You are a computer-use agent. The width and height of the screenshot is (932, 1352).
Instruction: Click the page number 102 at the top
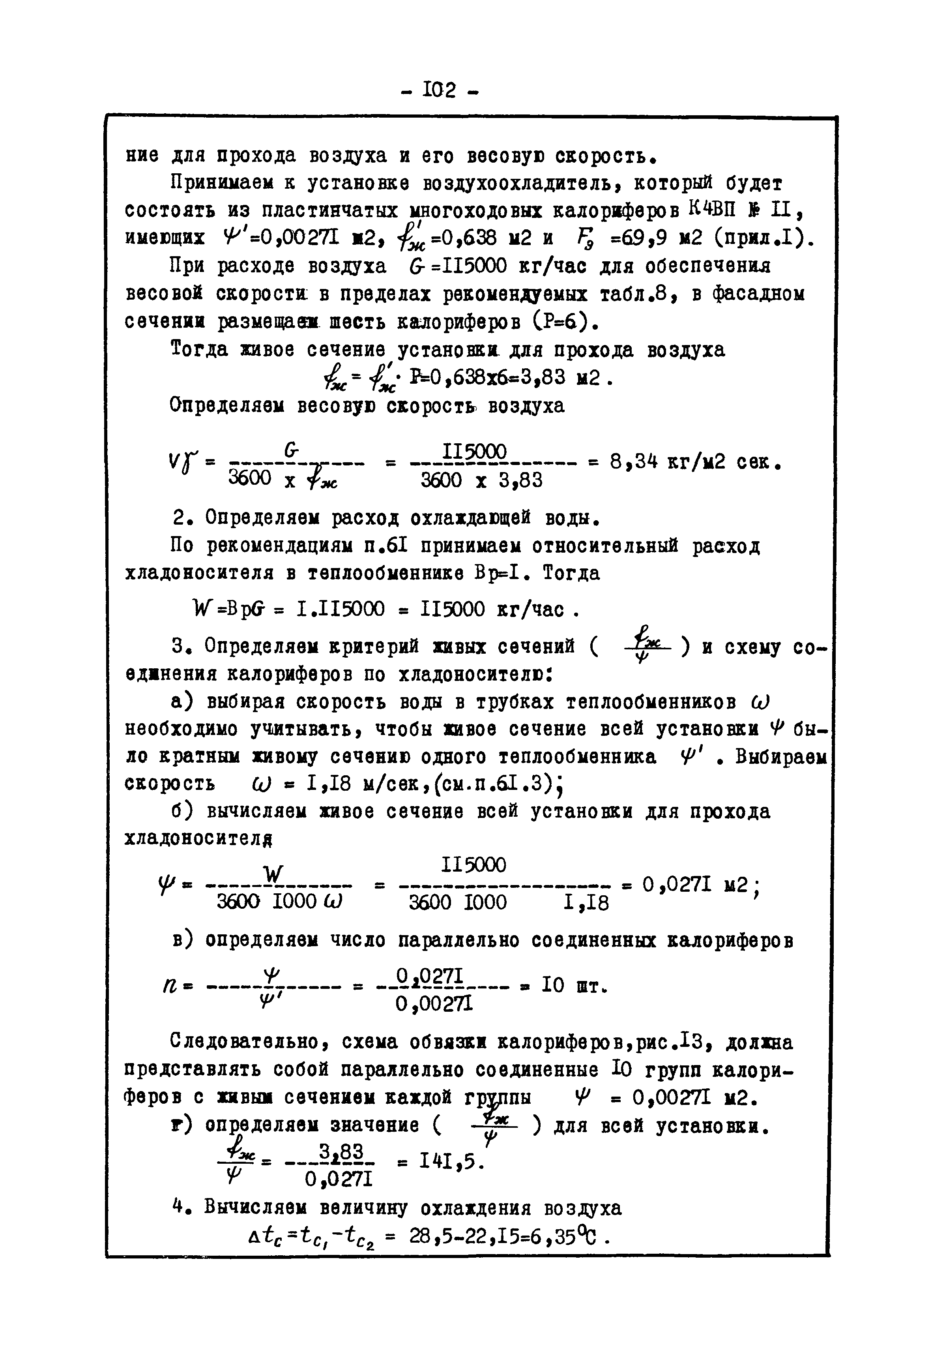(442, 90)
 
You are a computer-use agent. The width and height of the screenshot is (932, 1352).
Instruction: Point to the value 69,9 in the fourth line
(644, 237)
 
